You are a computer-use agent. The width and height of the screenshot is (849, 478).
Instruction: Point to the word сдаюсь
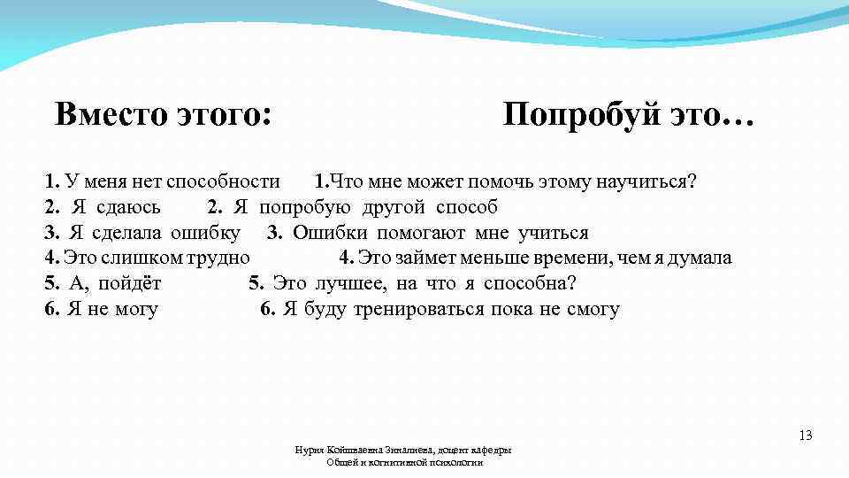coord(127,208)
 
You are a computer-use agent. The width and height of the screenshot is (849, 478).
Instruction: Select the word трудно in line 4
coord(221,258)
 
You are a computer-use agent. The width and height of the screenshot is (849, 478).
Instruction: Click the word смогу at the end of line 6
coord(593,310)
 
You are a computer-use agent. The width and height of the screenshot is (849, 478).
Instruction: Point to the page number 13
coord(805,436)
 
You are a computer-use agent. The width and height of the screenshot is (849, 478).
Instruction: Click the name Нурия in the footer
coord(309,451)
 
